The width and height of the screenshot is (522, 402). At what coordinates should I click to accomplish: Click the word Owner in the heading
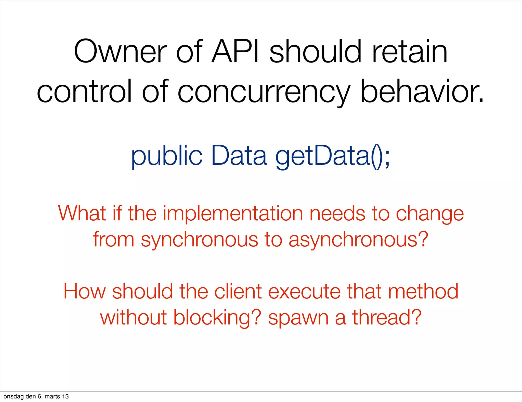pyautogui.click(x=120, y=52)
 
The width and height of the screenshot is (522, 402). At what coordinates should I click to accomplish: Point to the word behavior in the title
pyautogui.click(x=422, y=91)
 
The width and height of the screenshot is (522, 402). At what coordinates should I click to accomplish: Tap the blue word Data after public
pyautogui.click(x=239, y=155)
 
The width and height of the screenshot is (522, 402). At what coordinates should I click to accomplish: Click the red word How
pyautogui.click(x=84, y=291)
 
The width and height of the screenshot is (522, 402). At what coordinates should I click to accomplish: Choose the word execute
pyautogui.click(x=304, y=292)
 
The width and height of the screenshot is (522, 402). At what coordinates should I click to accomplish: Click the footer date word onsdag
pyautogui.click(x=14, y=396)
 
